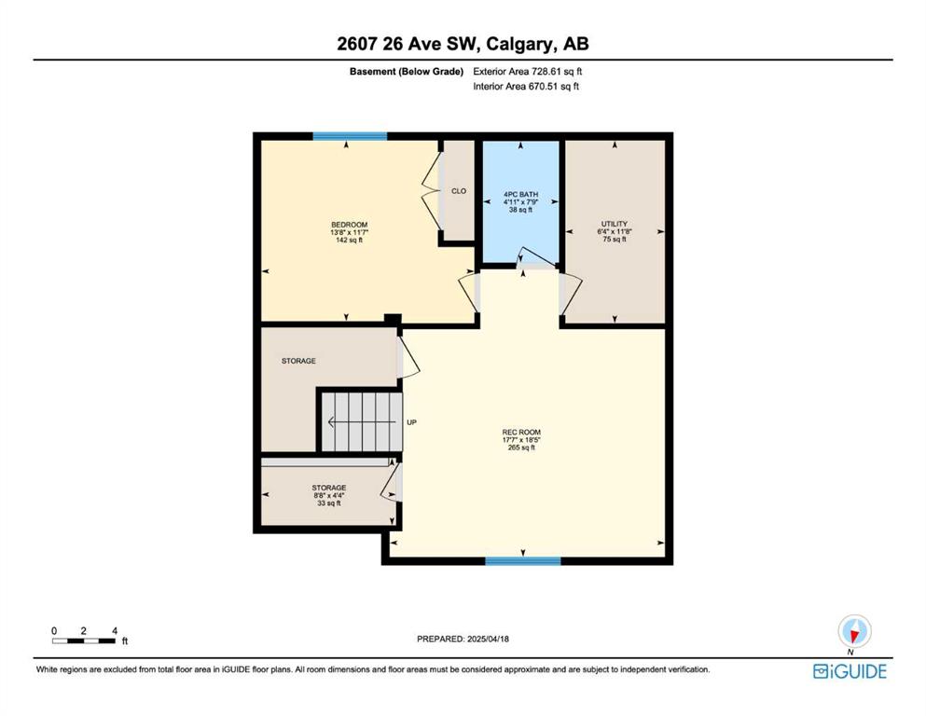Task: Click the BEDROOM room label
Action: coord(349,225)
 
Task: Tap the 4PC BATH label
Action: coord(521,194)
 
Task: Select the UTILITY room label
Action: coord(615,224)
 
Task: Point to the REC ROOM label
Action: coord(521,432)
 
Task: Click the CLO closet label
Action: coord(459,191)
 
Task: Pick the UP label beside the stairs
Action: coord(411,422)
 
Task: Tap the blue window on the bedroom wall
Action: coord(350,136)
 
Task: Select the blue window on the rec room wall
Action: coord(522,560)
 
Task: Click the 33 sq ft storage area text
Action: coord(329,503)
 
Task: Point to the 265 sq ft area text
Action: coord(521,447)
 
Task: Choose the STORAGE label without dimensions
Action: coord(298,361)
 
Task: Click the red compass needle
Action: coord(853,635)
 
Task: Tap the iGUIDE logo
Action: coord(850,671)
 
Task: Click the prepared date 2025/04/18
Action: coord(488,639)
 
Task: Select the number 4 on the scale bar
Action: coord(115,631)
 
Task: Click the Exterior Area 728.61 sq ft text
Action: coord(528,72)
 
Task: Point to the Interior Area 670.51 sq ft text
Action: coord(526,86)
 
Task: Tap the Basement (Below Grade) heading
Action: coord(407,72)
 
